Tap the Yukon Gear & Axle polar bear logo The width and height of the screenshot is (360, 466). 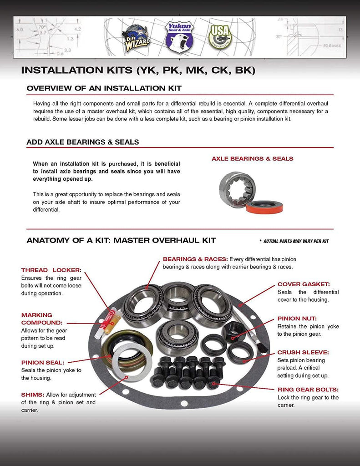pyautogui.click(x=179, y=36)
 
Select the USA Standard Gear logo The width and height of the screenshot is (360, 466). pyautogui.click(x=220, y=37)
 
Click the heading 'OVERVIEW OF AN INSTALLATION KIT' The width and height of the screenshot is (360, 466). pyautogui.click(x=104, y=88)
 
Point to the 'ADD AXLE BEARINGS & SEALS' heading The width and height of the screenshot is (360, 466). pyautogui.click(x=83, y=142)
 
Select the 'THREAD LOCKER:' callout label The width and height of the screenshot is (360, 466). pyautogui.click(x=51, y=270)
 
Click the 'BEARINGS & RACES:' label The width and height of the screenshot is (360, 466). pyautogui.click(x=195, y=259)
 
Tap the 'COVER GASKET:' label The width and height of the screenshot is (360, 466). pyautogui.click(x=303, y=284)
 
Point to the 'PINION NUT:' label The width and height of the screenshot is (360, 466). pyautogui.click(x=297, y=319)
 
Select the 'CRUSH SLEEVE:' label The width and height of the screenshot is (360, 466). pyautogui.click(x=303, y=352)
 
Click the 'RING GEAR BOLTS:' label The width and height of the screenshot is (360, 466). pyautogui.click(x=308, y=390)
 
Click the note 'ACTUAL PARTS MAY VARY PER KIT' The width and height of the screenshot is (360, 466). pyautogui.click(x=294, y=241)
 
